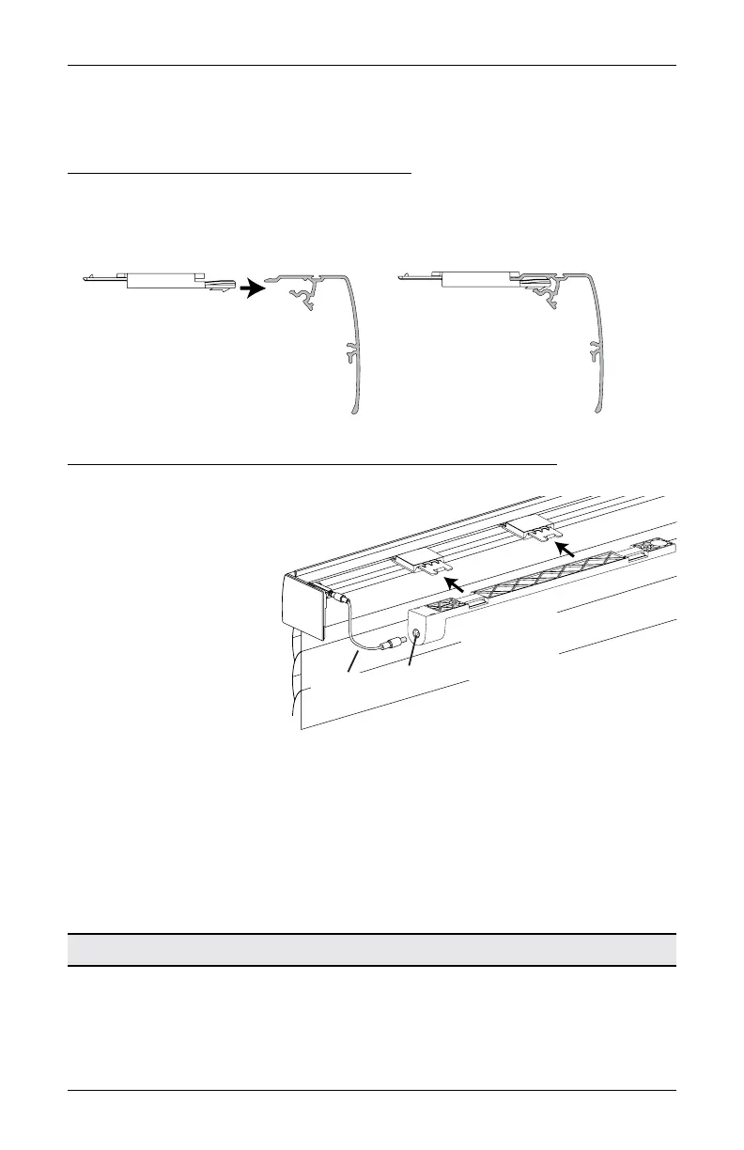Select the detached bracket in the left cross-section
click(x=160, y=281)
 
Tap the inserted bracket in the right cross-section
click(x=475, y=278)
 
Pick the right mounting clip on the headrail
click(x=531, y=530)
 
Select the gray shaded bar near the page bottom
click(x=372, y=950)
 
